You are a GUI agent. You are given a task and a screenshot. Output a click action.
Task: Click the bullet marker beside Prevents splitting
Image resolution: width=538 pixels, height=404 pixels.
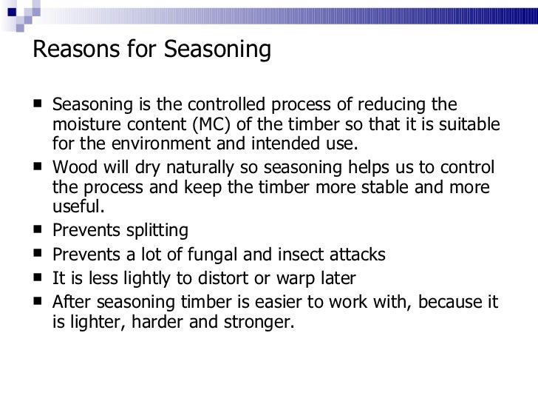click(38, 229)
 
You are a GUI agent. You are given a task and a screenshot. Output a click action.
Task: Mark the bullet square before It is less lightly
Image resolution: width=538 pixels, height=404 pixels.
click(38, 278)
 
